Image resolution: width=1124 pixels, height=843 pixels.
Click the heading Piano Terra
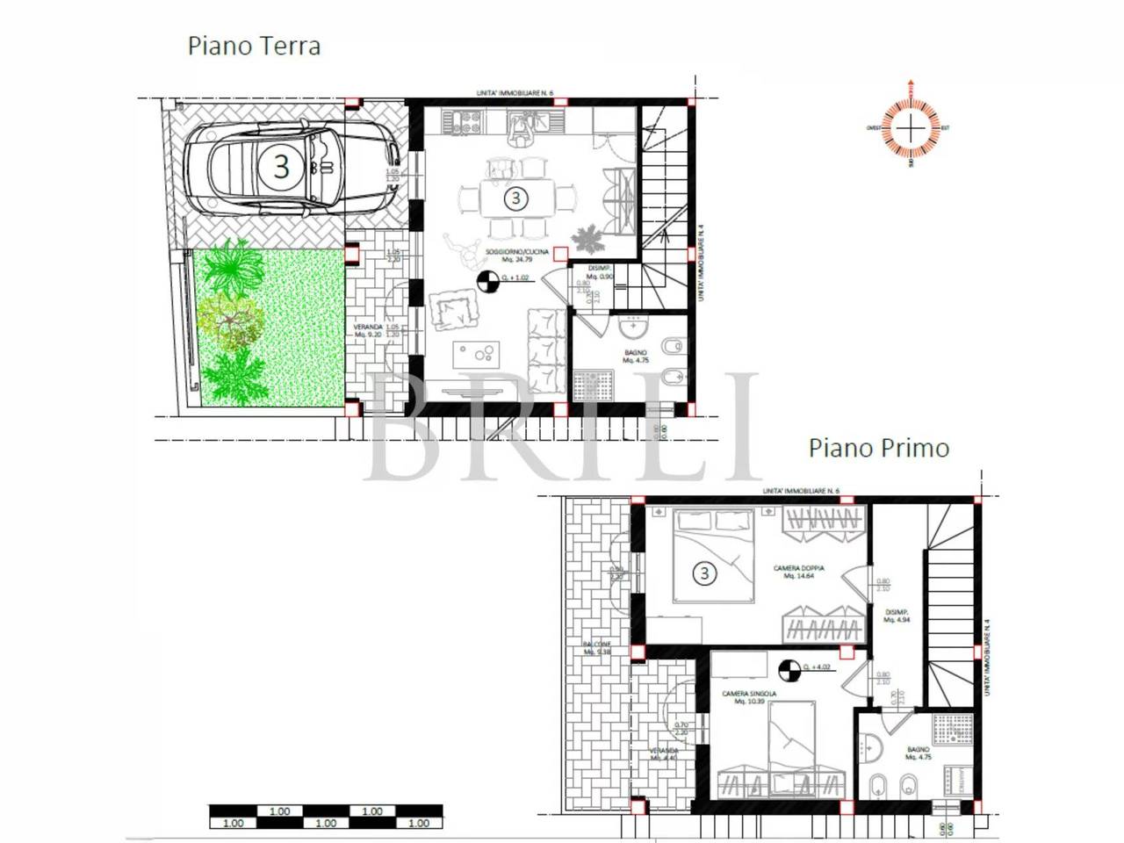coord(254,46)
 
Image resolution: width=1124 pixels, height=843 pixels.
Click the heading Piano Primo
coord(878,448)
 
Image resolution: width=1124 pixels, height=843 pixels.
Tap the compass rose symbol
coord(913,128)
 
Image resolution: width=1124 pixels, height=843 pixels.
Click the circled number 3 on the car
coord(281,166)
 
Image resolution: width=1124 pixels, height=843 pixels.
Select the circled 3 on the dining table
coord(515,198)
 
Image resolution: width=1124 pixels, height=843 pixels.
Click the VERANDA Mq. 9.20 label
coord(369,330)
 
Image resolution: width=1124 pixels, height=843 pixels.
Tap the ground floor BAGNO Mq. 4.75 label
coord(635,357)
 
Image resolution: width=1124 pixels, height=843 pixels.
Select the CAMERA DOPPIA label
coord(799,572)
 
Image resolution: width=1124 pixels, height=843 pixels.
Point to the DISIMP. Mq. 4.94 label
coord(896,616)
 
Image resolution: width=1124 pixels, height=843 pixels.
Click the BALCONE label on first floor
coord(596,647)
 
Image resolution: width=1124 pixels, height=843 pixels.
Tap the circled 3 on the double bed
coord(704,573)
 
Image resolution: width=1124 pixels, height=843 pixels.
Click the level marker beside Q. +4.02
coord(789,669)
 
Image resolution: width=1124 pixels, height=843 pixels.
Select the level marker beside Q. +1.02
coord(484,281)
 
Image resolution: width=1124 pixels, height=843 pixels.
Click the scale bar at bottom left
coord(325,817)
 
